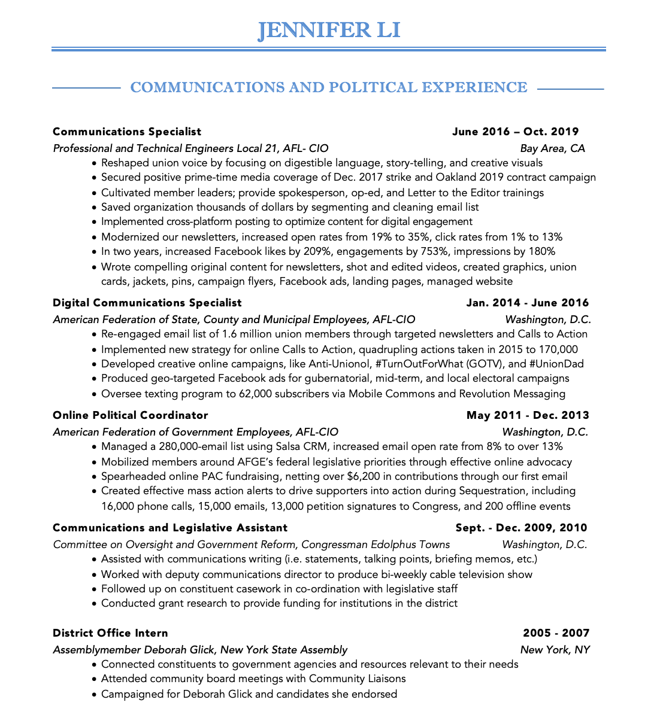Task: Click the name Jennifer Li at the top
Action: (329, 30)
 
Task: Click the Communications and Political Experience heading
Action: (329, 87)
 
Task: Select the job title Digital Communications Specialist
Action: (147, 303)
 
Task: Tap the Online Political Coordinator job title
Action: (131, 415)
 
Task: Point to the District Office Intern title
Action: (110, 633)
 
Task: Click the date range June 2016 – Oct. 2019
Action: (516, 132)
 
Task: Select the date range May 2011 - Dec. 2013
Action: (528, 415)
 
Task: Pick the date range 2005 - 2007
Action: (556, 633)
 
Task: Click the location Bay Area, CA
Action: (552, 148)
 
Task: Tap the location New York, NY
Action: (555, 650)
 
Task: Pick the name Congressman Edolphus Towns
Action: (376, 544)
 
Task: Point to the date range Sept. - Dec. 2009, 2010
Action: (521, 528)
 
